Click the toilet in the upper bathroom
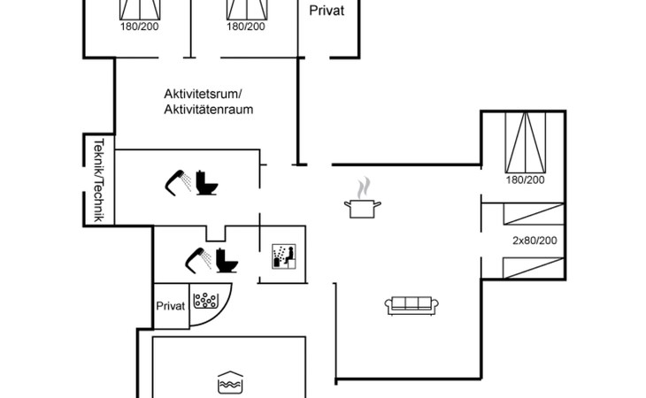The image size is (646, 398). (x=208, y=182)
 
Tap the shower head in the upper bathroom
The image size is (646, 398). (x=178, y=180)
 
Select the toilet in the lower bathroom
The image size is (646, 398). (x=227, y=260)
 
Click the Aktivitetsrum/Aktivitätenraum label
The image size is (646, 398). (x=209, y=101)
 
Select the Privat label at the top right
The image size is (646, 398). (x=327, y=11)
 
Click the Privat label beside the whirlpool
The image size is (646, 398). (x=171, y=306)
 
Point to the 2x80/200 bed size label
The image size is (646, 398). (x=535, y=241)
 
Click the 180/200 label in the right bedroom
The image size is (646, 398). (x=526, y=180)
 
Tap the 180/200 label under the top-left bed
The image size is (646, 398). (x=138, y=27)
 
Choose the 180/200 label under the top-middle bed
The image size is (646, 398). (x=245, y=27)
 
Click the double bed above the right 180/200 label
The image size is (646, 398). (x=526, y=142)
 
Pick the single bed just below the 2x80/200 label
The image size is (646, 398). (x=532, y=265)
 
